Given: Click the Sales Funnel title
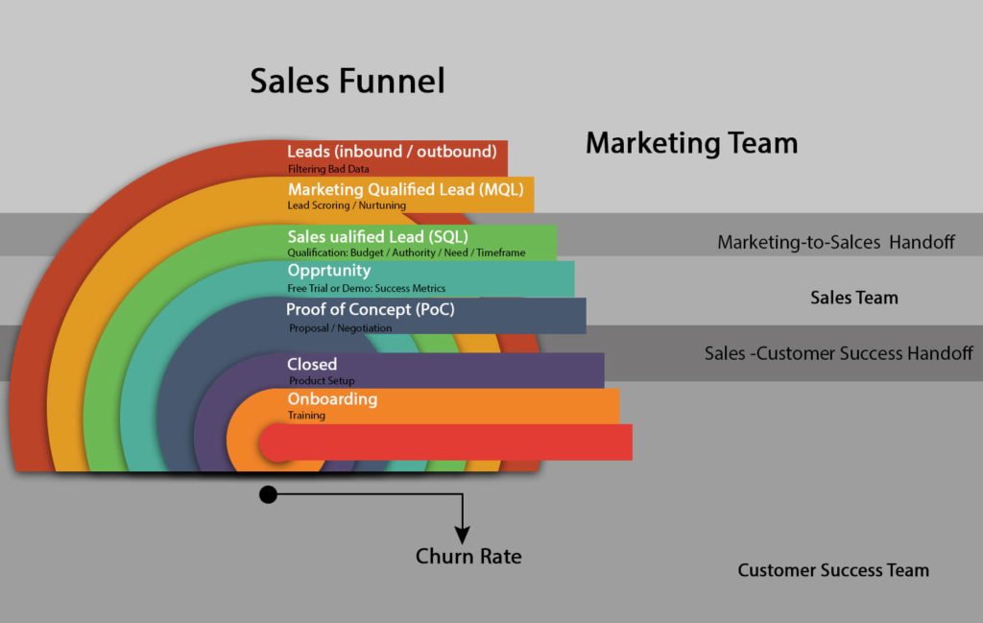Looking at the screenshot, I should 348,81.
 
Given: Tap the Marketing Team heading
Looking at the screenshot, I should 691,144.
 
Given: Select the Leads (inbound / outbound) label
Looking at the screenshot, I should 392,152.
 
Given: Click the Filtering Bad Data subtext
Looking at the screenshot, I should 328,169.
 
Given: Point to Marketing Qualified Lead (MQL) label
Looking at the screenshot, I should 406,189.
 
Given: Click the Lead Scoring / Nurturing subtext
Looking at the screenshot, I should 347,205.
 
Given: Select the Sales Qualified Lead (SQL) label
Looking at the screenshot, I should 378,236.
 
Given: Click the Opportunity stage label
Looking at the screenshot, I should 328,271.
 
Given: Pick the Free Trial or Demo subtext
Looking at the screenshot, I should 367,288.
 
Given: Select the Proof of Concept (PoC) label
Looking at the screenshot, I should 370,310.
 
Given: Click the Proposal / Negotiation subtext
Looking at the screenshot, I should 340,328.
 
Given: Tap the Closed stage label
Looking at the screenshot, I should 312,365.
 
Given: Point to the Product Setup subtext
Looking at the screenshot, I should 322,381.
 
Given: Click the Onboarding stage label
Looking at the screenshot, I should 332,399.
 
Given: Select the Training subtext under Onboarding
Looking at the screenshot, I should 306,416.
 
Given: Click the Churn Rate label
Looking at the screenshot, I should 468,556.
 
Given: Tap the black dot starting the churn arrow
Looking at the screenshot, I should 268,494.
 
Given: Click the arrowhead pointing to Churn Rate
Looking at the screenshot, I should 463,535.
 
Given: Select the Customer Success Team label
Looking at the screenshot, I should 832,570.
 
